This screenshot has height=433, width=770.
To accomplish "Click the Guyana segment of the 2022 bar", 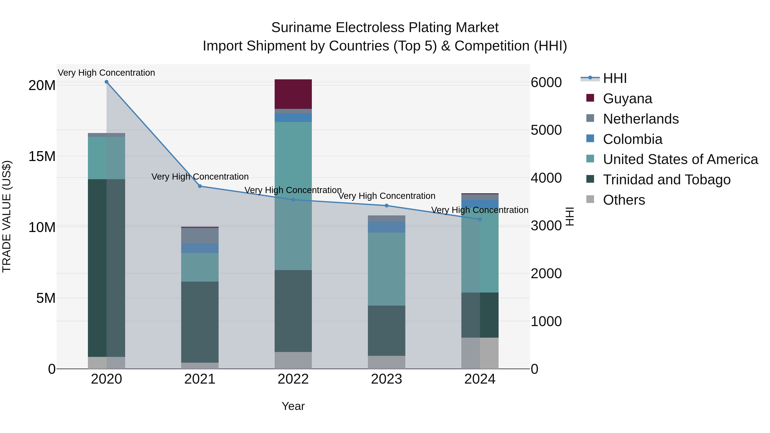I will coord(293,94).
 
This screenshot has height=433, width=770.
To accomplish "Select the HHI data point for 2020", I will coord(107,82).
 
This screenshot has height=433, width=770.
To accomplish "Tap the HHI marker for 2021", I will coord(200,186).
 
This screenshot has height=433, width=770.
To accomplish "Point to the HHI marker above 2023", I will coord(386,205).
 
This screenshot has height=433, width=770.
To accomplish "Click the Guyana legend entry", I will coord(627,99).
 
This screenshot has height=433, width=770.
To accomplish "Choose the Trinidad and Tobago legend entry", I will coord(666,180).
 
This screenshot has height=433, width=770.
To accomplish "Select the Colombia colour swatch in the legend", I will coord(590,139).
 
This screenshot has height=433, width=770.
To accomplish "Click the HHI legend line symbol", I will coord(590,78).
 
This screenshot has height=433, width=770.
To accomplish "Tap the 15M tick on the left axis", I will coord(42,156).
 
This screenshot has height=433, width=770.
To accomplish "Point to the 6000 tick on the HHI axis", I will coord(546,83).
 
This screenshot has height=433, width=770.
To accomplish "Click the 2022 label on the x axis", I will coord(293,379).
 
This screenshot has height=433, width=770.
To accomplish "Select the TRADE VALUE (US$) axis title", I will coord(7,216).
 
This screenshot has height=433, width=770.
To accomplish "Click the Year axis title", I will coord(293,406).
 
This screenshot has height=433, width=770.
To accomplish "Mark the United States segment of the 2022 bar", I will coord(293,196).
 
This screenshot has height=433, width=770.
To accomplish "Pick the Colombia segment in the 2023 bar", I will coord(386,227).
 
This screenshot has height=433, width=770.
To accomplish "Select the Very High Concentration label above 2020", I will coord(107,73).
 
